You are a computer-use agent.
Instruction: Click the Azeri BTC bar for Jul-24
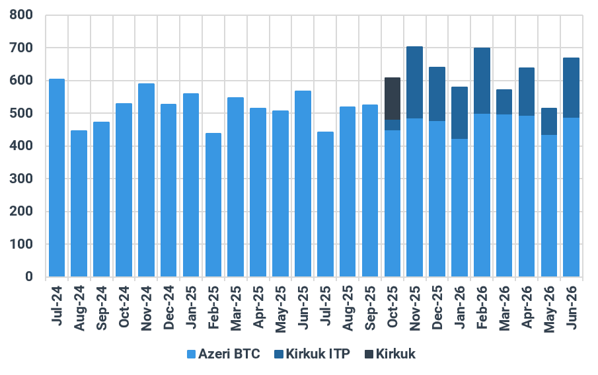coord(57,177)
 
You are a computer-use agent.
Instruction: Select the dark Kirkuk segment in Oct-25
coord(392,99)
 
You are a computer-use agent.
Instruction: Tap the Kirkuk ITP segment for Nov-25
coord(414,83)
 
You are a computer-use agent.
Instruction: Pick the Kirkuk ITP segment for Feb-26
coord(482,81)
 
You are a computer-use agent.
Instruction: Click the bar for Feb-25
coord(213,204)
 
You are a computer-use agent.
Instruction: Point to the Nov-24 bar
coord(146,180)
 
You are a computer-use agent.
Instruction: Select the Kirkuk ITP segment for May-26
coord(549,122)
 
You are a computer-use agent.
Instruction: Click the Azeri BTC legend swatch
coord(191,354)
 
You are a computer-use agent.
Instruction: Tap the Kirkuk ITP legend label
coord(318,354)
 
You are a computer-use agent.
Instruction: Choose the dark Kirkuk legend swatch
coord(369,354)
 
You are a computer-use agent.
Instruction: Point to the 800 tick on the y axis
coord(21,15)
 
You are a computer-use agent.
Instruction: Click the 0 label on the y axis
coord(29,276)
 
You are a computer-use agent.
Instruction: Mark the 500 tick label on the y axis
coord(21,113)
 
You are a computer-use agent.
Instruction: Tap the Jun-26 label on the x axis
coord(572,307)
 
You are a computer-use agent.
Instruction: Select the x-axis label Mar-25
coord(236,308)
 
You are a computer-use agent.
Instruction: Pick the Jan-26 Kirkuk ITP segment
coord(459,112)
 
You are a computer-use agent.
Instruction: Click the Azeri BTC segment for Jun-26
coord(572,197)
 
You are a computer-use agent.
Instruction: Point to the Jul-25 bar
coord(325,204)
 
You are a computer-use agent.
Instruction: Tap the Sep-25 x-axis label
coord(370,308)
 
